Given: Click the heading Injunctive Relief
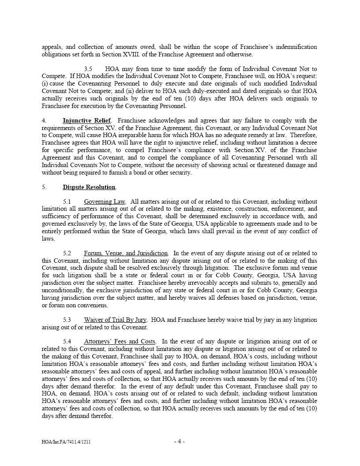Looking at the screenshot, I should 86,121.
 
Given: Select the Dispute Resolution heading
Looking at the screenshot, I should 89,187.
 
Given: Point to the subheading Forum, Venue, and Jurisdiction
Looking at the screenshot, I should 126,254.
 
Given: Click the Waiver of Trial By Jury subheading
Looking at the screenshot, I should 115,320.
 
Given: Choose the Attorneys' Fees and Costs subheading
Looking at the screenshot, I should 119,342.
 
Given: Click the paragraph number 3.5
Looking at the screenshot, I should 88,69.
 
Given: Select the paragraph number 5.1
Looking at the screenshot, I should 67,202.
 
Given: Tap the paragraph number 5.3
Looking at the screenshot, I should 67,320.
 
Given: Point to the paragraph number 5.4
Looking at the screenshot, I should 67,342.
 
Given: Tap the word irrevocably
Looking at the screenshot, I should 197,283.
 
